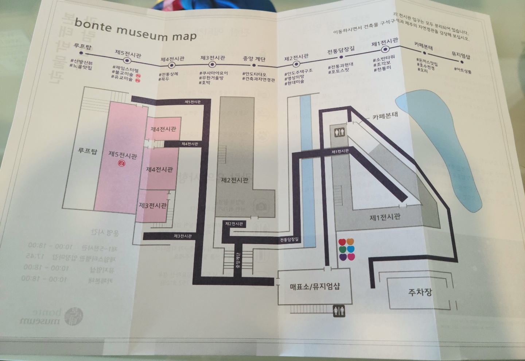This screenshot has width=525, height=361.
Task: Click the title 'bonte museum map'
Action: [135, 30]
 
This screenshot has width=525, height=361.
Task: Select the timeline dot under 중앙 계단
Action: [254, 66]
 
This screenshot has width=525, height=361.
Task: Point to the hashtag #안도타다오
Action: [254, 74]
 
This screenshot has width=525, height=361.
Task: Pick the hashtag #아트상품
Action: [463, 70]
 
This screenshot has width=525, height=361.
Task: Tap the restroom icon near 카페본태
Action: [339, 132]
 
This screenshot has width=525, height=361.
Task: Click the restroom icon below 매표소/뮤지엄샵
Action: [339, 311]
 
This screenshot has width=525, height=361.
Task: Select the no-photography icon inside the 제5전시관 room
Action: [122, 164]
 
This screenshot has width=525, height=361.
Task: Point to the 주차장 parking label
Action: [420, 292]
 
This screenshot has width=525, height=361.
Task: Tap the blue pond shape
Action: [445, 146]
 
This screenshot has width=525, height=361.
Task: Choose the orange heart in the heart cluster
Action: [350, 242]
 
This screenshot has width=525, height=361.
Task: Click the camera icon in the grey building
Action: [261, 207]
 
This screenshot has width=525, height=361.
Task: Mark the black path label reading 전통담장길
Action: [289, 240]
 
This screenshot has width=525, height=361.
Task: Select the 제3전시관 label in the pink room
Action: [152, 205]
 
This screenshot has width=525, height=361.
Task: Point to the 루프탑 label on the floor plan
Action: [87, 150]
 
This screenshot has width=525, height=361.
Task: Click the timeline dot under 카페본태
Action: [424, 53]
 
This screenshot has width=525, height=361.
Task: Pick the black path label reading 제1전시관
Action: [340, 151]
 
